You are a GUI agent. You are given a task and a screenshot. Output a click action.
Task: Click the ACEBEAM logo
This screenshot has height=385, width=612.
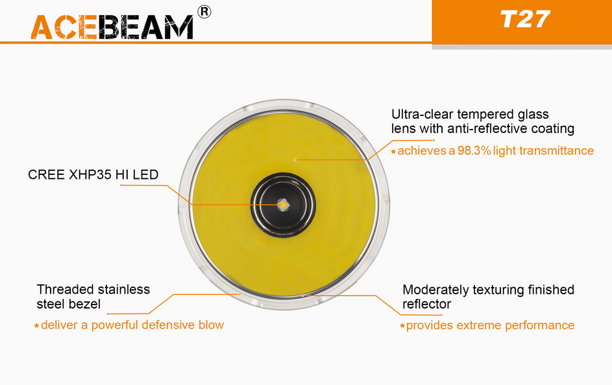click(x=112, y=27)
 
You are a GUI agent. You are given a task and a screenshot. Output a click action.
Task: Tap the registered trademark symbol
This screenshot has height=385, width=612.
click(x=204, y=12)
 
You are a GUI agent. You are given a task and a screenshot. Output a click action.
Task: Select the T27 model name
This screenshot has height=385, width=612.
click(x=525, y=19)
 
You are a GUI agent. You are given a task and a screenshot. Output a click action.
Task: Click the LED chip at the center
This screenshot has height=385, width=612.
click(x=283, y=205)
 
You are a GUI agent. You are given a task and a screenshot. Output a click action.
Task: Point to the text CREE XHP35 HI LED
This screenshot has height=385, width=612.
click(x=93, y=174)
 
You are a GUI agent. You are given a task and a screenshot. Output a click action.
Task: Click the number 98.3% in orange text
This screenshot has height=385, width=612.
click(x=474, y=150)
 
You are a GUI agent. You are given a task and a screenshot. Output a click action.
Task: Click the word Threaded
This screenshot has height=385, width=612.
click(x=65, y=290)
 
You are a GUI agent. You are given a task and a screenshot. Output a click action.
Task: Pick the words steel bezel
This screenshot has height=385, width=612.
click(x=69, y=304)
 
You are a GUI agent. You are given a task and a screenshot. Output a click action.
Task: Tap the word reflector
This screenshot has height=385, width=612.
click(x=426, y=304)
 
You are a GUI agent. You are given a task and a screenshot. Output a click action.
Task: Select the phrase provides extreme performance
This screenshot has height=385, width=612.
click(x=490, y=325)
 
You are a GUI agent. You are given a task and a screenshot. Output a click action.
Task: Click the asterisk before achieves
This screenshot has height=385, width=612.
click(x=393, y=152)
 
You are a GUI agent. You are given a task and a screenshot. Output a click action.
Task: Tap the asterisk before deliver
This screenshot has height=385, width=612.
click(x=37, y=326)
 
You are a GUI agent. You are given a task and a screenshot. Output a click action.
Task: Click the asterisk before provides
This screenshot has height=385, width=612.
click(x=402, y=326)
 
